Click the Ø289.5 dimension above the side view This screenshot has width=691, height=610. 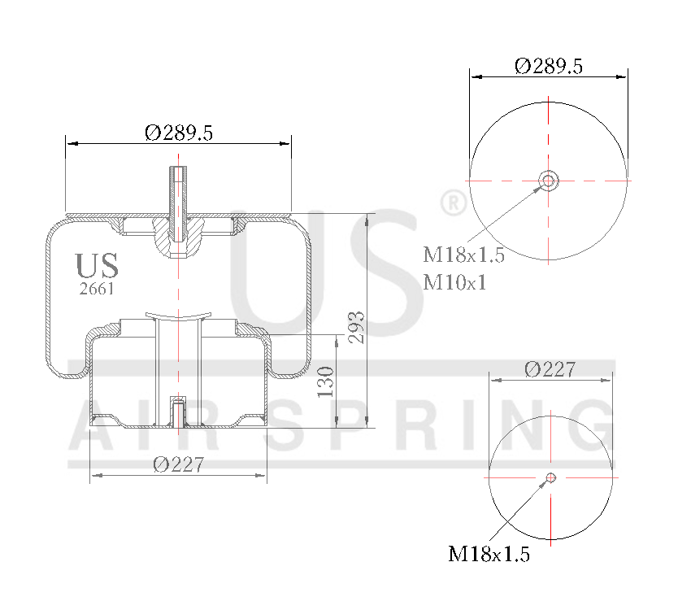pos(179,133)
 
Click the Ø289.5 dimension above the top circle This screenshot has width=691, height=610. pos(549,67)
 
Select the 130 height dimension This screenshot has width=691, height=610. pos(325,381)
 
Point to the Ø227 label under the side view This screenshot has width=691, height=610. pos(177,464)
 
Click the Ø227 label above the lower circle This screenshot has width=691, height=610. pos(550,369)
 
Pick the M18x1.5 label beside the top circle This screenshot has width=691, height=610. pos(463,255)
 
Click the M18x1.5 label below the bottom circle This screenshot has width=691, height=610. pos(489,554)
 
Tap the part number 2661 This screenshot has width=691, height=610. pos(97,289)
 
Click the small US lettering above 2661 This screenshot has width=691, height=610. pos(97,266)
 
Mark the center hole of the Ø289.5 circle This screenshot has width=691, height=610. pos(549,180)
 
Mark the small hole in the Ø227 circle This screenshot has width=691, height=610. pos(551,477)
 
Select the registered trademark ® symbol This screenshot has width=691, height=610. pos(452,203)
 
